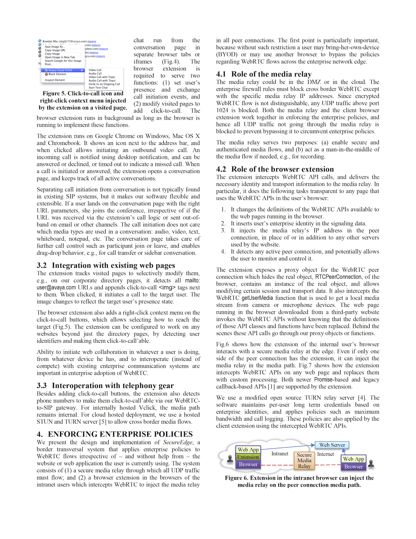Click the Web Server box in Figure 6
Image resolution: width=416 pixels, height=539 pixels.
tap(332, 445)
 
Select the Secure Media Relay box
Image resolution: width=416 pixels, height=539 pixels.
tap(304, 461)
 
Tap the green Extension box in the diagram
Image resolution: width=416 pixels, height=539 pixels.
tap(248, 457)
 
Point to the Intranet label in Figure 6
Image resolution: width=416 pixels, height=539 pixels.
tap(280, 454)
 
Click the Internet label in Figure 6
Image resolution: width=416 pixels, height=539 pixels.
tap(325, 454)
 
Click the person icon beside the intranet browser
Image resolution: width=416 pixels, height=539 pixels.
tap(230, 459)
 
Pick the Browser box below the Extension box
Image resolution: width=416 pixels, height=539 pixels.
tap(248, 465)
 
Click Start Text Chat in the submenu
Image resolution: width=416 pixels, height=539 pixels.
tap(98, 88)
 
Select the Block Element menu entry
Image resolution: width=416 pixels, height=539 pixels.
tap(57, 74)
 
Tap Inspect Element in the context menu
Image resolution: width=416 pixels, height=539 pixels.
tap(55, 80)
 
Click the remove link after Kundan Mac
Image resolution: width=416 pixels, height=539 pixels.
tap(92, 41)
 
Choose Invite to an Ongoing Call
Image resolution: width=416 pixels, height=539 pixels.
tap(104, 84)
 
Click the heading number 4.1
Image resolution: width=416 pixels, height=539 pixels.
tap(221, 74)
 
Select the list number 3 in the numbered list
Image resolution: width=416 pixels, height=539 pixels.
tap(223, 231)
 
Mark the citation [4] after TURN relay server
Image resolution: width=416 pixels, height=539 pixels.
tap(362, 398)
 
